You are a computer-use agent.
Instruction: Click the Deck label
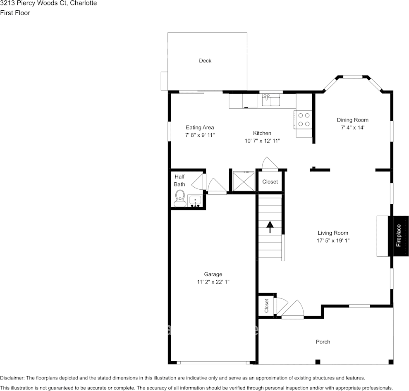205,61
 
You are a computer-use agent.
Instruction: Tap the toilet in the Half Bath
179,199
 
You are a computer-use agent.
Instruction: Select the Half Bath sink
195,201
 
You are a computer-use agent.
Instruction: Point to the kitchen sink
271,100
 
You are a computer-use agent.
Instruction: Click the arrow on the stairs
270,227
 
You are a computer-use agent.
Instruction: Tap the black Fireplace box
398,236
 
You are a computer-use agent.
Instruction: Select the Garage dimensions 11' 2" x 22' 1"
213,282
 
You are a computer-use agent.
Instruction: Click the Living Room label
333,233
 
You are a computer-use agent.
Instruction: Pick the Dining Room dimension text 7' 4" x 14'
353,127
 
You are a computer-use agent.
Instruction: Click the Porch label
323,342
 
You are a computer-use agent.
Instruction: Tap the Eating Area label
200,127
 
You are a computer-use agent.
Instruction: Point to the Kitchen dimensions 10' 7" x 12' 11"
262,141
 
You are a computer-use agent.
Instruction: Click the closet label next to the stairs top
270,182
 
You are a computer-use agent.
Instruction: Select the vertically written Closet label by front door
266,306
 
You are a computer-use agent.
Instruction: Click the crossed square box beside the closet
243,181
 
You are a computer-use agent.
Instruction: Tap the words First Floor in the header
15,13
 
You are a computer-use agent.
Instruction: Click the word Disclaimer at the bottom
12,378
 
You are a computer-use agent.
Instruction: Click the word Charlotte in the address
84,3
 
